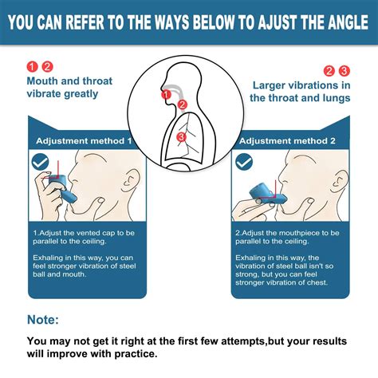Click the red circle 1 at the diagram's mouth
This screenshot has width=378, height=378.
(167, 95)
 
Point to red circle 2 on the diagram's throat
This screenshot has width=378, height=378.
(183, 104)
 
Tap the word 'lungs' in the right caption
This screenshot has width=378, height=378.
(333, 99)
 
